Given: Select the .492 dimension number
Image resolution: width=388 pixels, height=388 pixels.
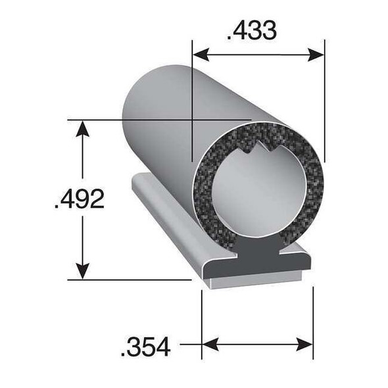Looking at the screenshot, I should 79,199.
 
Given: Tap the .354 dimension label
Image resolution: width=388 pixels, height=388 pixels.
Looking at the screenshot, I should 145,345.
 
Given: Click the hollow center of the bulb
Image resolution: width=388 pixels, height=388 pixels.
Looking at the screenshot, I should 256,197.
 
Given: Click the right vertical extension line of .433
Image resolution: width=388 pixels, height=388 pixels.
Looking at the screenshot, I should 324,99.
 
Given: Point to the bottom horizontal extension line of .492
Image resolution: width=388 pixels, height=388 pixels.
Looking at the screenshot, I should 132,279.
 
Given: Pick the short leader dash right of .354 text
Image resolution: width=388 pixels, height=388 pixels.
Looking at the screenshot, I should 189,343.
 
